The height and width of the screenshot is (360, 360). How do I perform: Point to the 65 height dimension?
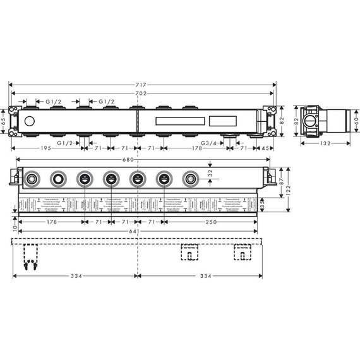pyautogui.click(x=4, y=120)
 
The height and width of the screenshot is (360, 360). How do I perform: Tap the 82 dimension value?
pyautogui.click(x=282, y=120)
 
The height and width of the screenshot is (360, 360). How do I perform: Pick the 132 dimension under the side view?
pyautogui.click(x=323, y=144)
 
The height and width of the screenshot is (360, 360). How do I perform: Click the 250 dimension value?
pyautogui.click(x=211, y=222)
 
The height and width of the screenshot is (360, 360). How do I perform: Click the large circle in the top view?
pyautogui.click(x=29, y=120)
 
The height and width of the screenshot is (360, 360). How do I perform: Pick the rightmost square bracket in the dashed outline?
pyautogui.click(x=242, y=252)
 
